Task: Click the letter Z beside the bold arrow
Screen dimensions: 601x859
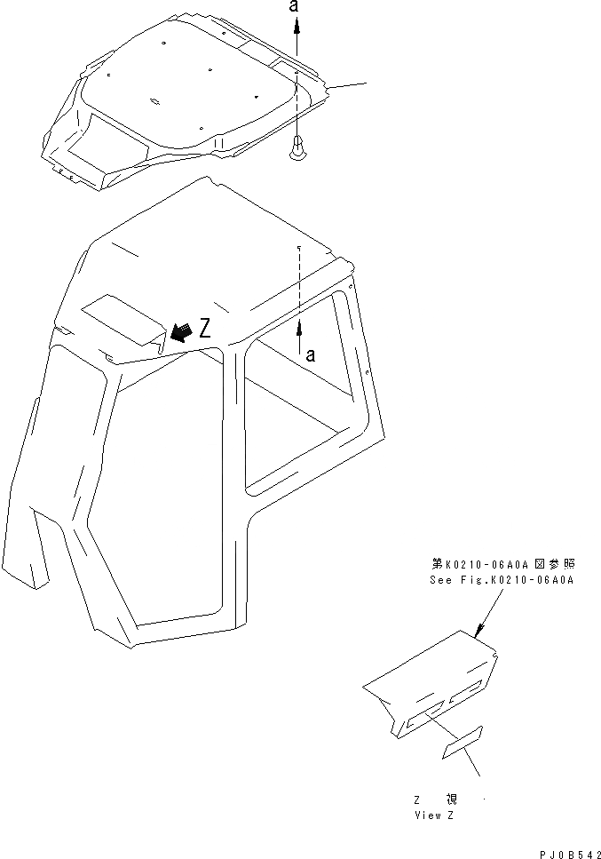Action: coord(204,329)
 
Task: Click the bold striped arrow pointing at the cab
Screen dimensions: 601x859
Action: coord(180,333)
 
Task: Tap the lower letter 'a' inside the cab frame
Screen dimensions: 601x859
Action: coord(309,355)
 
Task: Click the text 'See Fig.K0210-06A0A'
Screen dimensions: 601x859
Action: coord(503,580)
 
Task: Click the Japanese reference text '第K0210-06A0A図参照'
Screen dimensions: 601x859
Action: coord(503,563)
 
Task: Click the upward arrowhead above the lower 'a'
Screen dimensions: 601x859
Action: coord(300,329)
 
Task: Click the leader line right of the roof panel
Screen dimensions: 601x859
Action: coord(348,85)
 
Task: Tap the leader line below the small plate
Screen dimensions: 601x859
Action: coord(471,768)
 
